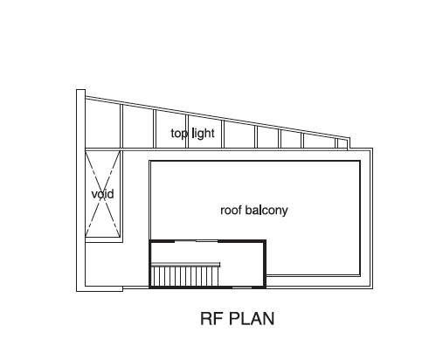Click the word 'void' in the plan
[x=102, y=194]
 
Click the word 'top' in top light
[x=179, y=134]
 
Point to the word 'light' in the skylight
[x=204, y=134]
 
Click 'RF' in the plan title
[x=212, y=319]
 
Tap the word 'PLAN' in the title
[x=252, y=319]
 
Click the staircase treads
[x=184, y=277]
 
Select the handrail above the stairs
[x=185, y=265]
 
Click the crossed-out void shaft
[x=102, y=194]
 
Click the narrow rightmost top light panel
[x=343, y=144]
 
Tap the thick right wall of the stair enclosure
[x=265, y=264]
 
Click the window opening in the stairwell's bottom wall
[x=242, y=287]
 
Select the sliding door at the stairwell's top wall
[x=197, y=241]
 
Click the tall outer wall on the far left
[x=80, y=190]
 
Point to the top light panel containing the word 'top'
[x=171, y=130]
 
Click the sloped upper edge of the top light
[x=217, y=118]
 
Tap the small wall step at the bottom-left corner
[x=122, y=288]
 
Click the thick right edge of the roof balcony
[x=360, y=218]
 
